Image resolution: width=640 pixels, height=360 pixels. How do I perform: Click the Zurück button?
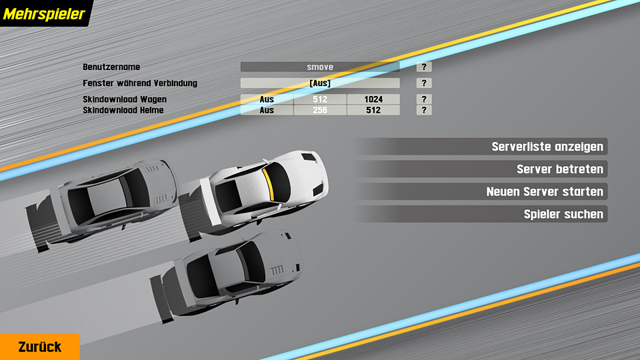coord(39,347)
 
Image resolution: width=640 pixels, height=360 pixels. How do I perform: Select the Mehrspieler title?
coord(45,13)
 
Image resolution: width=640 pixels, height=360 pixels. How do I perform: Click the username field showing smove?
coord(320,67)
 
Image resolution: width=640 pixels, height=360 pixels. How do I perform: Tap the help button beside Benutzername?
coord(424,67)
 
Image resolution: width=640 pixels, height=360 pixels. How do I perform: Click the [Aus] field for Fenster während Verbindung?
coord(320,83)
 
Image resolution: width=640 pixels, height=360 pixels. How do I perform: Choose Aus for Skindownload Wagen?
coord(267,99)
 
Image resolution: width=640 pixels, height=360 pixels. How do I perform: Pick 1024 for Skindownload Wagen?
coord(373,99)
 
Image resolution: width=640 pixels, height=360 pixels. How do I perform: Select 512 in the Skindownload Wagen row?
coord(320,99)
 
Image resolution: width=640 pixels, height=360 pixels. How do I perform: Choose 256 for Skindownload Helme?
coord(320,110)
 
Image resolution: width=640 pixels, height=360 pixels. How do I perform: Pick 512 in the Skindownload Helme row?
coord(373,110)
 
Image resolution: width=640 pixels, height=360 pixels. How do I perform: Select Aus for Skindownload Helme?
coord(267,110)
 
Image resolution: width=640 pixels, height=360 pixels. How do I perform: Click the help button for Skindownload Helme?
coord(424,110)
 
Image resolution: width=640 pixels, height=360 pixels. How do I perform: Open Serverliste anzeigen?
coord(547,147)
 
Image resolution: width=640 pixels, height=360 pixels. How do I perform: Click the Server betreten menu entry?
coord(559,169)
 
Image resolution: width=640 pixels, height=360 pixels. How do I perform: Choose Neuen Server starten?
coord(545,192)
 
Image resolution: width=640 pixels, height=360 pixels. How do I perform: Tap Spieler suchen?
coord(563,215)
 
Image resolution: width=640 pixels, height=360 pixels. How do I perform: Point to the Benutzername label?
coord(111,67)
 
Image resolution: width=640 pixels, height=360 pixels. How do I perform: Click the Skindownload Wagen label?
coord(125,99)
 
